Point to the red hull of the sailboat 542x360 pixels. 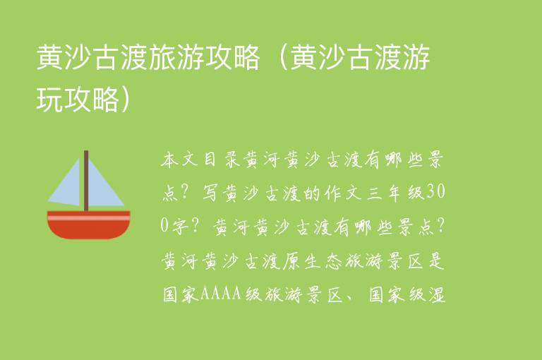tap(89, 229)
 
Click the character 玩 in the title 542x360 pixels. tap(49, 100)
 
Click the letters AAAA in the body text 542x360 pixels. tap(222, 292)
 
